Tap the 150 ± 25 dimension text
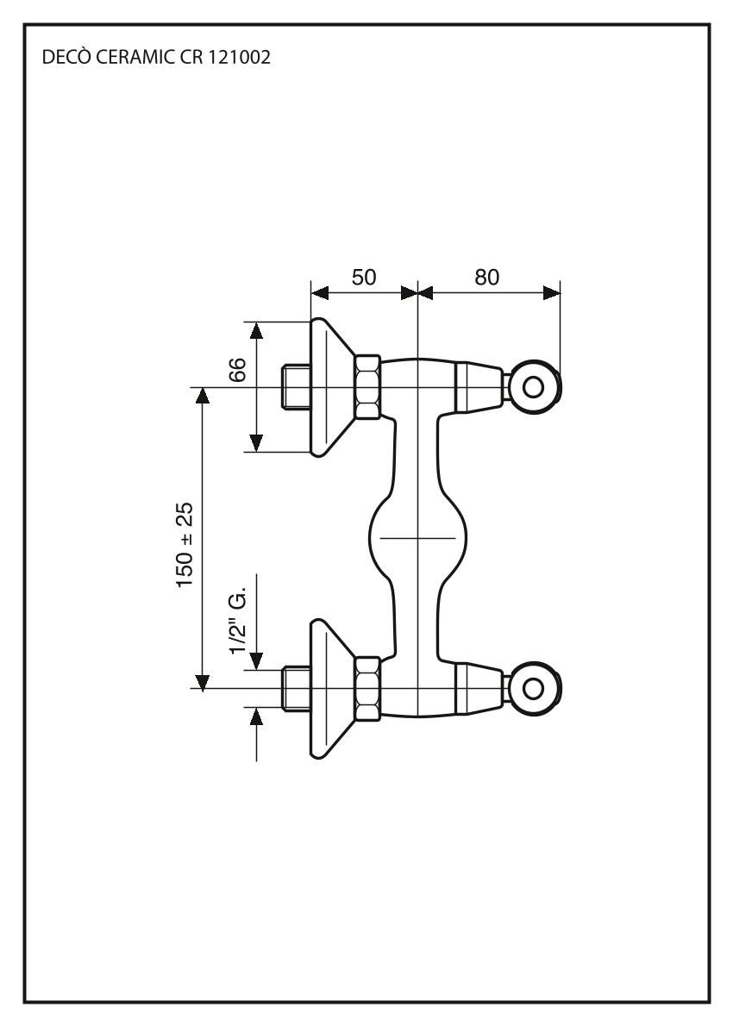185,545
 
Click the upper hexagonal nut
367,386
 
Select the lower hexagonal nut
367,688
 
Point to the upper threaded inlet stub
296,386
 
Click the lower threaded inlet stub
296,688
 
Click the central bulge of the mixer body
417,537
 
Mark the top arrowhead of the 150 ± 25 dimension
202,396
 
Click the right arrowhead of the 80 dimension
552,293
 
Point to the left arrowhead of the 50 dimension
320,293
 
